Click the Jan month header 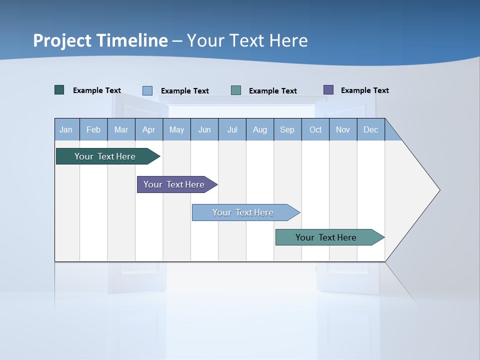66,129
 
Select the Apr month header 148,129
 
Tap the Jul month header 232,129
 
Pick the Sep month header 287,129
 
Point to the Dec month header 370,129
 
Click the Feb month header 93,129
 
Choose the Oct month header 315,129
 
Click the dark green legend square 59,90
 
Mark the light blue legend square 147,90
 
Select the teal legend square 236,90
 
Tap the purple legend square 328,90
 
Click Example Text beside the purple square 364,90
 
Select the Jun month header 204,129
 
